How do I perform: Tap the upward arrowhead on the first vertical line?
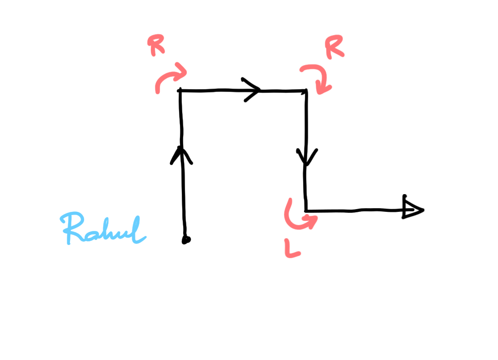click(182, 155)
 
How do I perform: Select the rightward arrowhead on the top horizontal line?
click(254, 90)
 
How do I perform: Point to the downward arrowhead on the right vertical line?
click(307, 157)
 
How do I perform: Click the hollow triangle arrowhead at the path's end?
click(412, 210)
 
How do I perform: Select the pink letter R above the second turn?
click(334, 47)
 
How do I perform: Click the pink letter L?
click(292, 250)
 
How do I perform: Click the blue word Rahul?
click(104, 230)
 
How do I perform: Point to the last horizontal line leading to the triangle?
click(354, 210)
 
